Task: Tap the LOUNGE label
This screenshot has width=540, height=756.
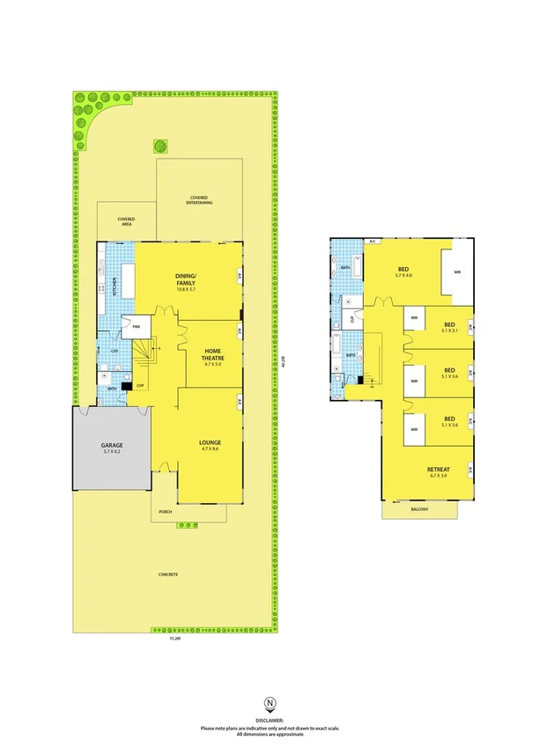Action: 210,442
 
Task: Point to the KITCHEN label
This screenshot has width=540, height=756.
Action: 114,285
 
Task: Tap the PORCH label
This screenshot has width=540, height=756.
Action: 164,512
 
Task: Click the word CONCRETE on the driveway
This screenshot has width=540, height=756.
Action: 168,574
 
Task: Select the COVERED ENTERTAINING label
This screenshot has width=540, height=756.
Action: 200,200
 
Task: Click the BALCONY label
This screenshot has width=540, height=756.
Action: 421,510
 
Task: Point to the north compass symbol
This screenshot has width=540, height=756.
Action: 270,702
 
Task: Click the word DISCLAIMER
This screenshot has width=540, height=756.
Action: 270,720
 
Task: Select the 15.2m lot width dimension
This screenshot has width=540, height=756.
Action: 175,640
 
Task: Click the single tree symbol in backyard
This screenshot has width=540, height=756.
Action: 160,146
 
